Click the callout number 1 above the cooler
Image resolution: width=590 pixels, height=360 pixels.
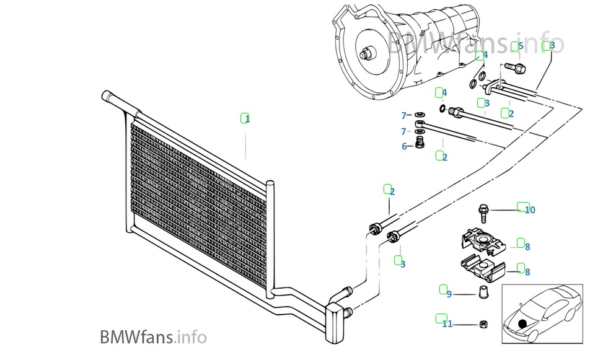tap(247, 118)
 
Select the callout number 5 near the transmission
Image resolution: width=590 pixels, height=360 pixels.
tap(521, 46)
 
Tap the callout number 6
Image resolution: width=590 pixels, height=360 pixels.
tap(405, 147)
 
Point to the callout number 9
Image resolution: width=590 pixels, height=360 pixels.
tap(449, 294)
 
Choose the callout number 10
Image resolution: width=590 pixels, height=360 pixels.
tap(530, 210)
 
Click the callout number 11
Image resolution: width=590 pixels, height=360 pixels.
tap(447, 323)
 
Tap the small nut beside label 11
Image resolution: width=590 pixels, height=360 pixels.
tap(482, 323)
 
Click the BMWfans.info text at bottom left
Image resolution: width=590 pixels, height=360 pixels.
tap(153, 337)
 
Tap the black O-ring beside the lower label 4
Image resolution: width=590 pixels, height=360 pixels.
tap(442, 110)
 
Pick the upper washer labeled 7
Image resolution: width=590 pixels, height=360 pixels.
tap(420, 115)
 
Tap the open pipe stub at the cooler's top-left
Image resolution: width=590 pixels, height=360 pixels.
tap(107, 97)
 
